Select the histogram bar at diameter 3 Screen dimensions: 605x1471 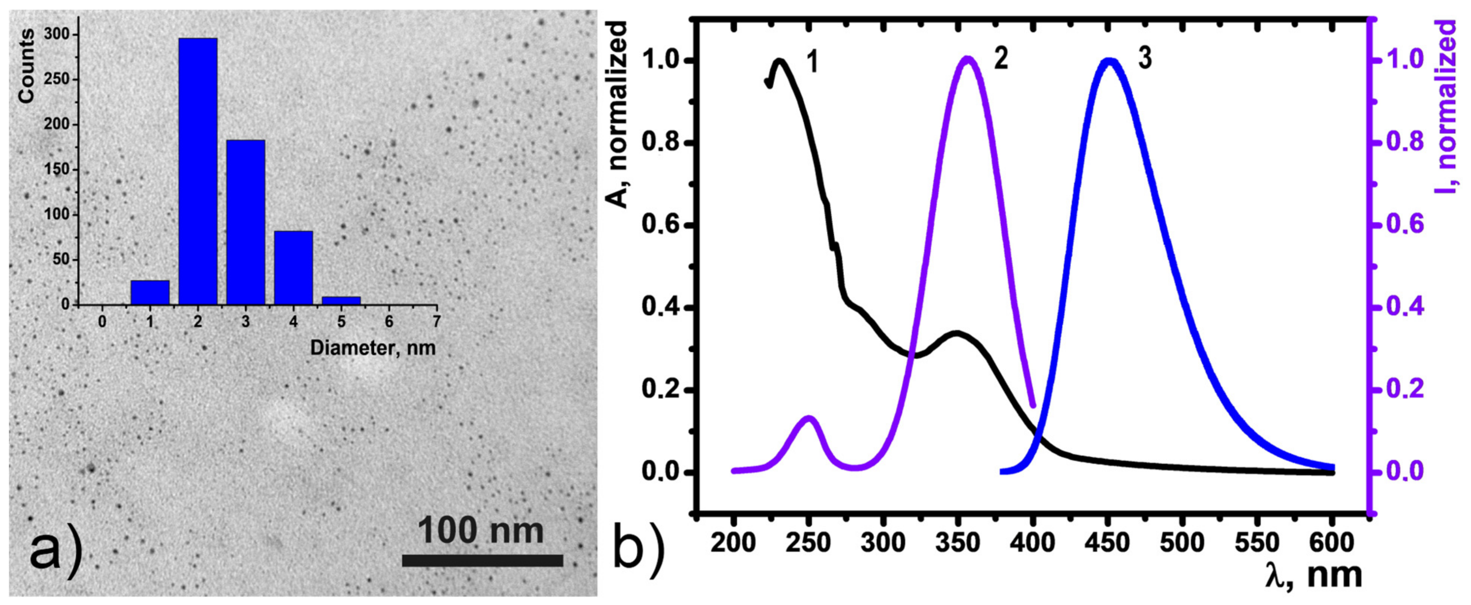[x=246, y=223]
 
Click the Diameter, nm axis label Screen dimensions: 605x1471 [x=372, y=348]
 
